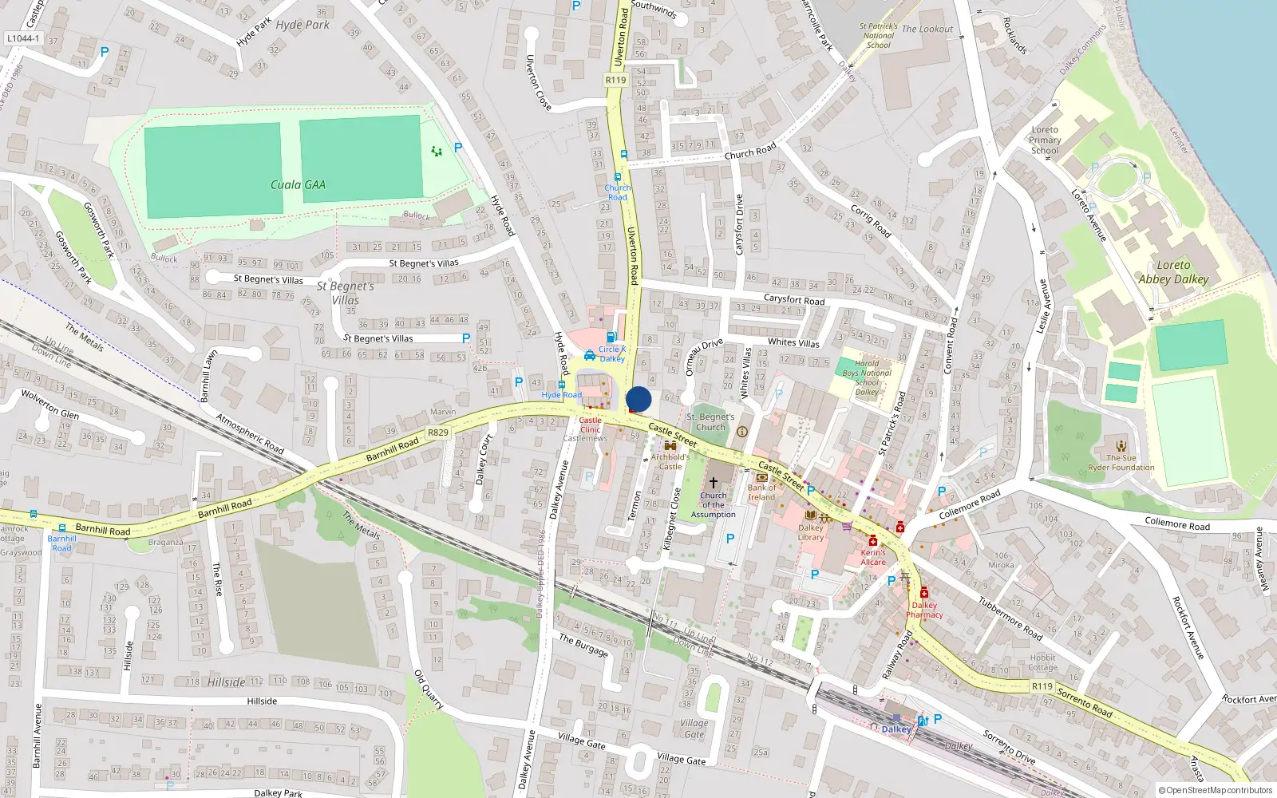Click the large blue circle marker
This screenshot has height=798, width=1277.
pos(638,399)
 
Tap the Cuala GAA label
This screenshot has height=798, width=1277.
pos(298,185)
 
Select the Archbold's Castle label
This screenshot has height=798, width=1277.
pos(670,461)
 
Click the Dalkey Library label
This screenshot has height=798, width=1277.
pos(811,532)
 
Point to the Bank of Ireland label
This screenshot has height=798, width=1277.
pos(761,492)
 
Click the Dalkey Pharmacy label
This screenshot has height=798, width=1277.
pos(924,610)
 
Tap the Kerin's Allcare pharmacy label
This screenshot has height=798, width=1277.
pos(873,557)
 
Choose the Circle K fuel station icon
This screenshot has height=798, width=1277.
pos(611,338)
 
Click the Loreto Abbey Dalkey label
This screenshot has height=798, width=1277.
pos(1173,272)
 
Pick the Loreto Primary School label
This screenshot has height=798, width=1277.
pos(1045,140)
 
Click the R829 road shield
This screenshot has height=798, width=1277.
pos(438,433)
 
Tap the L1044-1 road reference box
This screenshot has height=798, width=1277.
pos(22,38)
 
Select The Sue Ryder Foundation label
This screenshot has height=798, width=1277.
pos(1121,463)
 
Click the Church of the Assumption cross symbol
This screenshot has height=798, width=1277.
pos(714,482)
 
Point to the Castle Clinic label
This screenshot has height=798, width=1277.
pos(591,425)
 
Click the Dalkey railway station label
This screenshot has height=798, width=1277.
pos(896,729)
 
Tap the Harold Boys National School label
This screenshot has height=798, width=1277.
pos(867,377)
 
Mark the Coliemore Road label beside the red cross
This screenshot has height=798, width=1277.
pos(969,505)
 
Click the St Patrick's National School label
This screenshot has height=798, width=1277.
pos(878,36)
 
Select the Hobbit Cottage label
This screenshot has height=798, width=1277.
pos(1042,662)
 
